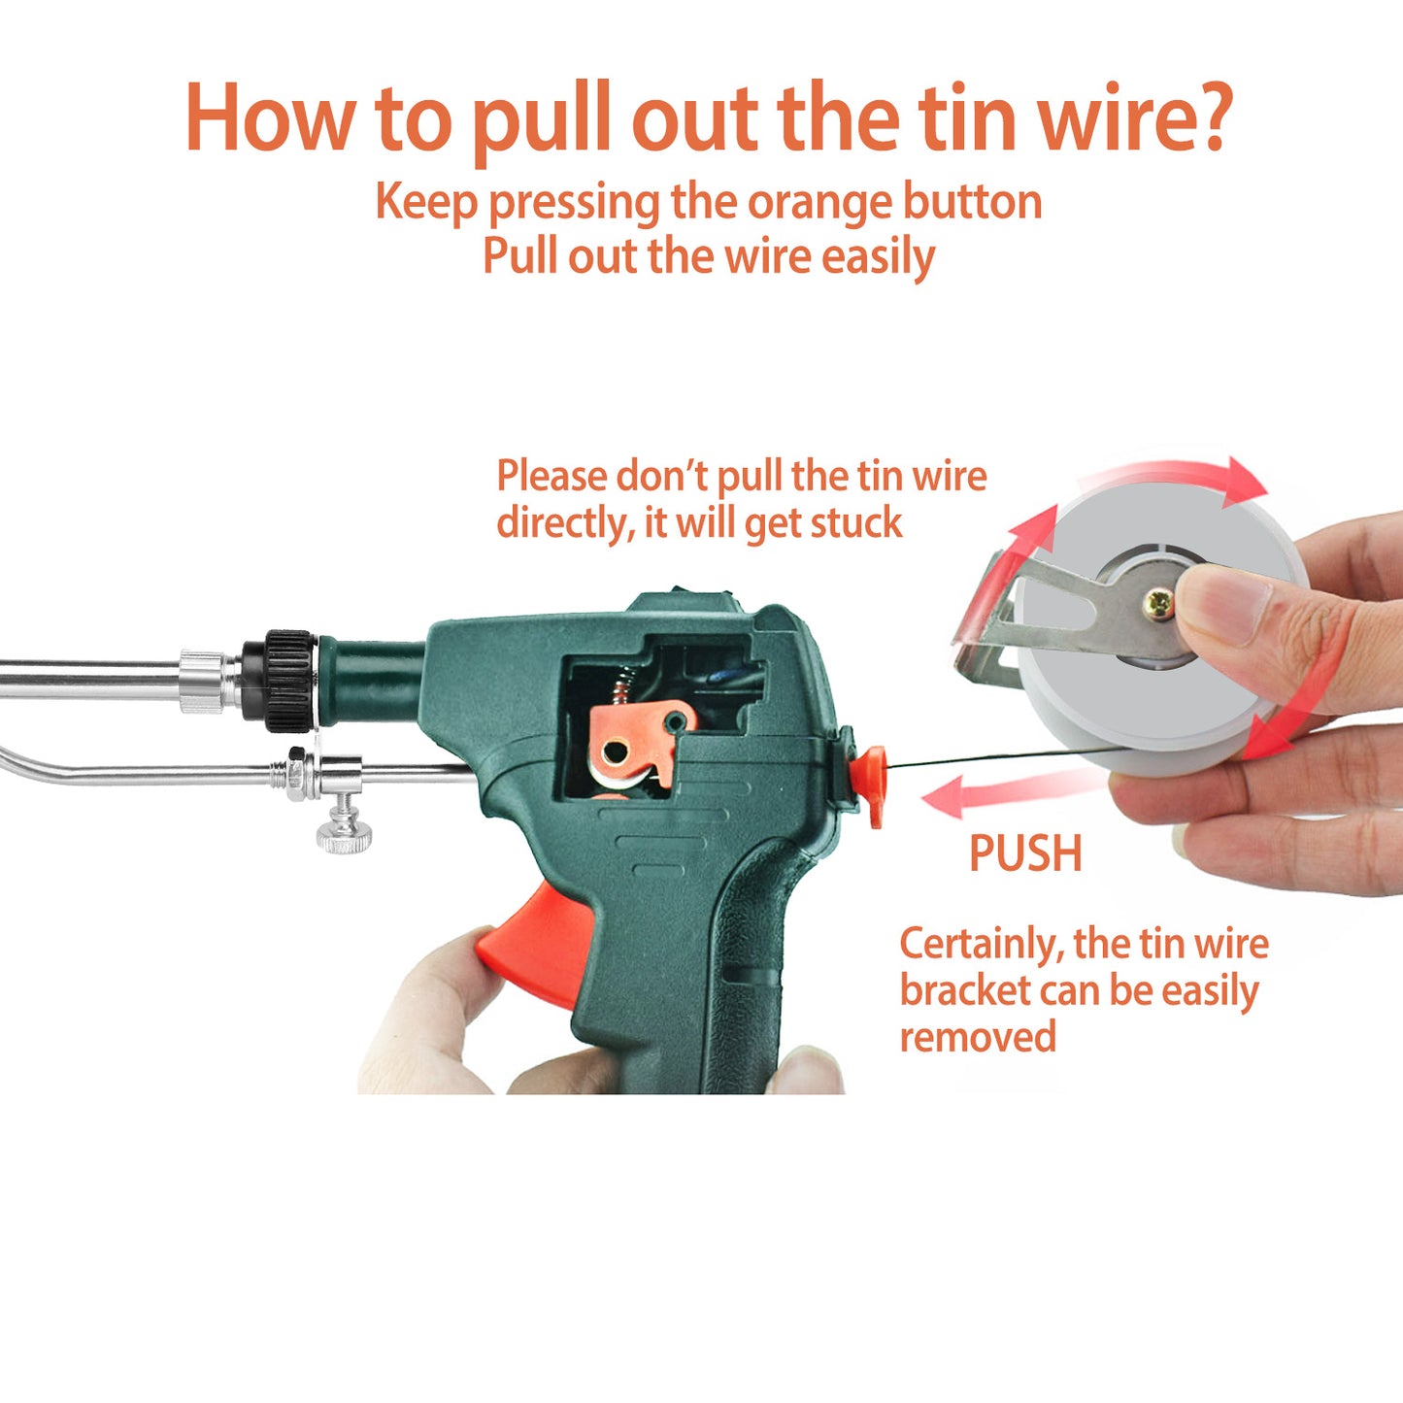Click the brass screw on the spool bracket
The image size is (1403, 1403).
pos(1158,603)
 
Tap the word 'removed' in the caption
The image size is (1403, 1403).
pos(977,1037)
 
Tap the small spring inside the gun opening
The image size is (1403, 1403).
pos(621,686)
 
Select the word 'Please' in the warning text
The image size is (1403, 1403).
pos(551,477)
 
